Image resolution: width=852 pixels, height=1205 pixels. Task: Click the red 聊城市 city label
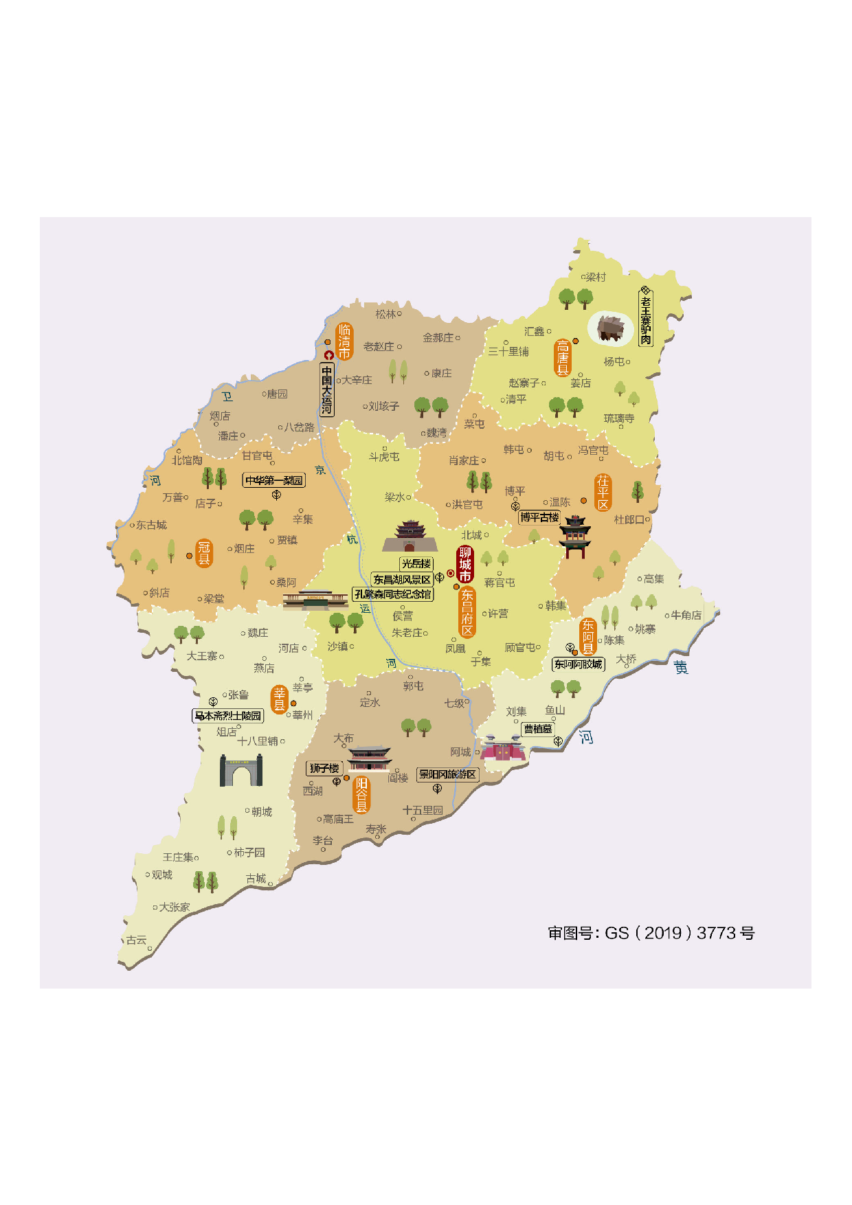pyautogui.click(x=465, y=564)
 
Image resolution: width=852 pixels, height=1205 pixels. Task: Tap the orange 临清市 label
pyautogui.click(x=344, y=341)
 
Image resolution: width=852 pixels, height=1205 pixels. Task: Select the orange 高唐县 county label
pyautogui.click(x=563, y=358)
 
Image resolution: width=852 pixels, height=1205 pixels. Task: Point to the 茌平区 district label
pyautogui.click(x=603, y=493)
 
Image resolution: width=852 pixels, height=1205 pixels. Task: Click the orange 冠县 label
pyautogui.click(x=204, y=553)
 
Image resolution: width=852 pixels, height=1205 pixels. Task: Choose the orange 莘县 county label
pyautogui.click(x=279, y=699)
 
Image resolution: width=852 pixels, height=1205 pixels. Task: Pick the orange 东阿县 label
pyautogui.click(x=588, y=636)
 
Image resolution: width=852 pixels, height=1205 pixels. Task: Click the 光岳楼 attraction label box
pyautogui.click(x=416, y=564)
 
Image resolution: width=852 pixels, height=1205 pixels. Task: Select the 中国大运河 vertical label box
pyautogui.click(x=326, y=390)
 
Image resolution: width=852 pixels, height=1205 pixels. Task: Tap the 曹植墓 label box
pyautogui.click(x=538, y=729)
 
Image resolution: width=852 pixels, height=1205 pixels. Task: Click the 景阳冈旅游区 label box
pyautogui.click(x=447, y=774)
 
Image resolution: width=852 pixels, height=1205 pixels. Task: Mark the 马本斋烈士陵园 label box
pyautogui.click(x=228, y=716)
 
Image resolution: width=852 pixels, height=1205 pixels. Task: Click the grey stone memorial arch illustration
pyautogui.click(x=241, y=771)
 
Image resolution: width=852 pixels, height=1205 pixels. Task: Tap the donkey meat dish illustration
pyautogui.click(x=611, y=328)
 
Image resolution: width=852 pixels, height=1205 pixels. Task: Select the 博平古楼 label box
pyautogui.click(x=539, y=517)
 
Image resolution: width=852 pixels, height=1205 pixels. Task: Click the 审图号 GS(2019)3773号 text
pyautogui.click(x=651, y=933)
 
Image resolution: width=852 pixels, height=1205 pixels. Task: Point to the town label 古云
pyautogui.click(x=136, y=940)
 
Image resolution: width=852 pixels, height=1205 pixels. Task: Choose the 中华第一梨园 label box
pyautogui.click(x=274, y=480)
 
